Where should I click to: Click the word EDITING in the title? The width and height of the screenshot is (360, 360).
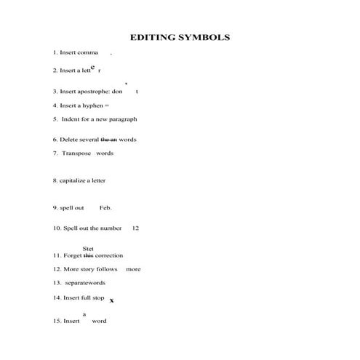[153, 36]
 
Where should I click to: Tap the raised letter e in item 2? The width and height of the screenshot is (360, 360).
[93, 67]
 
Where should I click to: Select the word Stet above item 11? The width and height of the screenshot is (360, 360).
[88, 249]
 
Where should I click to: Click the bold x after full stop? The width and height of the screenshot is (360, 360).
[111, 300]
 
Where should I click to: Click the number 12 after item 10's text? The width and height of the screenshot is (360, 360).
[135, 228]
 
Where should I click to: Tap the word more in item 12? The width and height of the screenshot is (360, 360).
[133, 269]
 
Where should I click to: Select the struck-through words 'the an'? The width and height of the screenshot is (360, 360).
[108, 139]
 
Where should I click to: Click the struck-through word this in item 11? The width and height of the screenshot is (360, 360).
[89, 255]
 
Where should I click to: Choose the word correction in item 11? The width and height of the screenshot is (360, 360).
[109, 255]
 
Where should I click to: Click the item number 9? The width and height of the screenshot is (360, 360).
[55, 207]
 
